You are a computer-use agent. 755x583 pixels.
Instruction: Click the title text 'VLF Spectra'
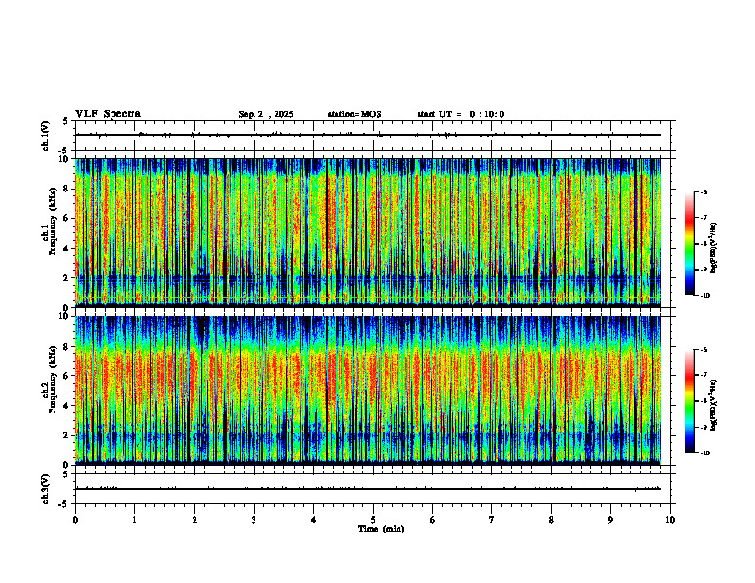pyautogui.click(x=108, y=114)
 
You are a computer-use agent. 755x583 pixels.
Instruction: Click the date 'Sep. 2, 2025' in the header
pyautogui.click(x=266, y=114)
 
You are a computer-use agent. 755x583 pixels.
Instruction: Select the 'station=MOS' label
pyautogui.click(x=355, y=114)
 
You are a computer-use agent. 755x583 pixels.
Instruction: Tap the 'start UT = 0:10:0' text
pyautogui.click(x=460, y=114)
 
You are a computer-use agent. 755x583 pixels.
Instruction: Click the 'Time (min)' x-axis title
pyautogui.click(x=380, y=529)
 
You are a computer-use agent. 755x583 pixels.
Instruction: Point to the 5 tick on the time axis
pyautogui.click(x=373, y=520)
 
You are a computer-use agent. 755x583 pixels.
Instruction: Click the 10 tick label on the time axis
pyautogui.click(x=670, y=520)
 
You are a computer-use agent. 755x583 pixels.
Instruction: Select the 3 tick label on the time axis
pyautogui.click(x=254, y=520)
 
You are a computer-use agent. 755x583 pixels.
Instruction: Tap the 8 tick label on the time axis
pyautogui.click(x=551, y=520)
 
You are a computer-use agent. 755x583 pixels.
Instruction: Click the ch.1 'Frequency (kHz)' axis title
pyautogui.click(x=49, y=231)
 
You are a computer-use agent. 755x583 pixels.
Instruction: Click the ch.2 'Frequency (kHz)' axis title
pyautogui.click(x=49, y=389)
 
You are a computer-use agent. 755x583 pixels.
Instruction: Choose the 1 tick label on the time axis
pyautogui.click(x=134, y=520)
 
